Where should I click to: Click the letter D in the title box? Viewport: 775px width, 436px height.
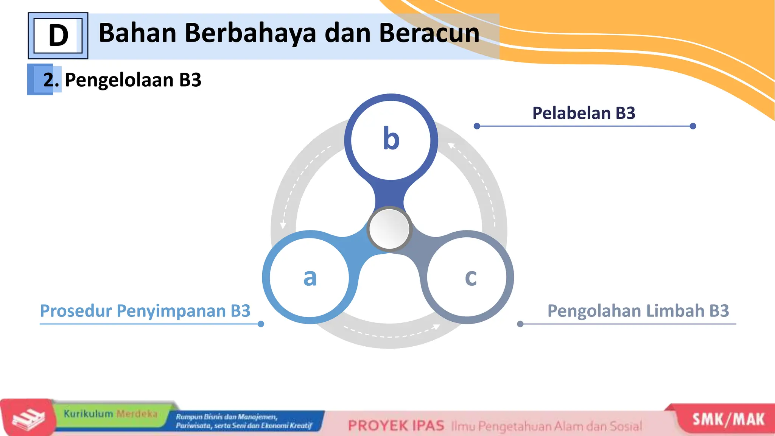click(58, 36)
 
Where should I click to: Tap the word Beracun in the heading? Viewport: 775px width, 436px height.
click(429, 33)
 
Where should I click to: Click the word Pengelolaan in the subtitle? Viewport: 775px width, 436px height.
click(119, 80)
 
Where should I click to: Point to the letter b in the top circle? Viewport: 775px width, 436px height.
click(391, 139)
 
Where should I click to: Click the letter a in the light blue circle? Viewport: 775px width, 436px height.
click(310, 277)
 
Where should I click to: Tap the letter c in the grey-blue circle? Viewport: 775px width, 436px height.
click(471, 277)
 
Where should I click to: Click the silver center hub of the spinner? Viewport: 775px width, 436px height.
click(389, 229)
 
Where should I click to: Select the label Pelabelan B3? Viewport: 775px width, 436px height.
click(584, 113)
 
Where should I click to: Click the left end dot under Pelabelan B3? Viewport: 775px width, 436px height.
click(477, 126)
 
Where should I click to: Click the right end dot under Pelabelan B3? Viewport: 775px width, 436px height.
click(693, 126)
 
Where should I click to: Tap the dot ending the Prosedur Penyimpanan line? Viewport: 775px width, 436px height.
click(261, 324)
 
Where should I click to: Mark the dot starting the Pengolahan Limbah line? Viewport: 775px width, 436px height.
click(520, 324)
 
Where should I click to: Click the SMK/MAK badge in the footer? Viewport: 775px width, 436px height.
click(728, 420)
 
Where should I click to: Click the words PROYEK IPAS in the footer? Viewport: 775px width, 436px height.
click(396, 426)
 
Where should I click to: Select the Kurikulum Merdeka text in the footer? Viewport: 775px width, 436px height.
click(110, 414)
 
